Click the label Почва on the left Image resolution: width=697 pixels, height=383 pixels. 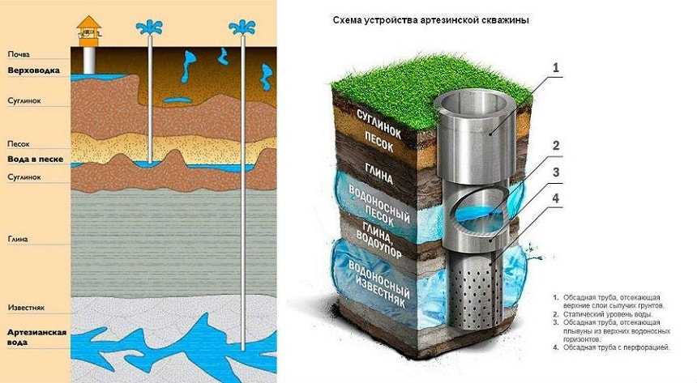tap(19, 54)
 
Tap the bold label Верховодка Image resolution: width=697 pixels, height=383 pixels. tap(34, 70)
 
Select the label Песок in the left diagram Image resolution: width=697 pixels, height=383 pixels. tap(19, 144)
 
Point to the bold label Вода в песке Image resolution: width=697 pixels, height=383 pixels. tap(36, 159)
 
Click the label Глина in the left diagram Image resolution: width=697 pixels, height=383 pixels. tap(18, 239)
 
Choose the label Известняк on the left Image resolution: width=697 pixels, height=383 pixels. tap(26, 308)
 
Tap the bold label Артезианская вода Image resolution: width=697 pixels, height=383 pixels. tap(37, 337)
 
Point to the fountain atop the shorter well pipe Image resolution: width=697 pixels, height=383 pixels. tap(149, 28)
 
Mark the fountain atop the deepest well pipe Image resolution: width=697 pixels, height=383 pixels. tap(242, 28)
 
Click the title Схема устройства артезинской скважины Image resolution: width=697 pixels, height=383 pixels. tap(430, 20)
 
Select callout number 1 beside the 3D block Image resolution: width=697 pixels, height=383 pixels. tap(555, 68)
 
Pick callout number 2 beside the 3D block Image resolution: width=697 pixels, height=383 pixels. tap(556, 145)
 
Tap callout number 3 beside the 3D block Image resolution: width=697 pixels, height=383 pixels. tap(556, 172)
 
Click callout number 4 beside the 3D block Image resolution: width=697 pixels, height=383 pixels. tap(556, 198)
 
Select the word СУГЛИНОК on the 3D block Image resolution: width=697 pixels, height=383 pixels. tap(378, 125)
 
